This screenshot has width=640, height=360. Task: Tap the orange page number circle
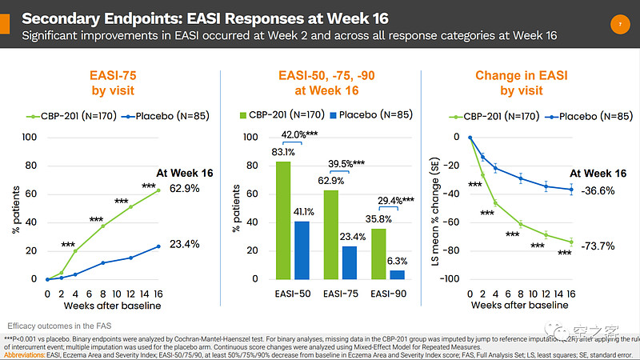tap(621, 26)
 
